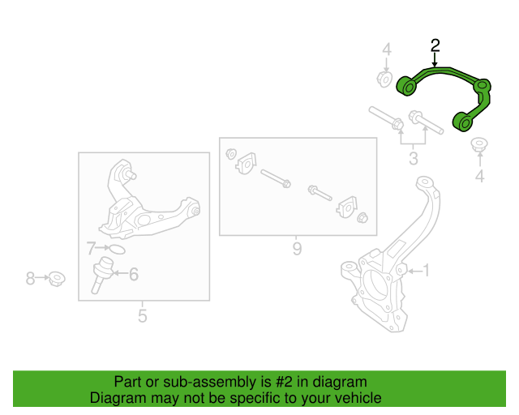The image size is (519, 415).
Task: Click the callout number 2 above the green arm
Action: click(x=435, y=45)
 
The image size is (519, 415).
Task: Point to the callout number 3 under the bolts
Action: click(x=414, y=158)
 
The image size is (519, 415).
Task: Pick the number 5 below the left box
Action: click(x=142, y=315)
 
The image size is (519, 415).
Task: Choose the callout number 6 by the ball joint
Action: click(x=134, y=275)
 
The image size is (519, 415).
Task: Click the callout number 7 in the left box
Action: click(x=91, y=248)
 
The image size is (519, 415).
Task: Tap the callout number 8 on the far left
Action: click(x=30, y=279)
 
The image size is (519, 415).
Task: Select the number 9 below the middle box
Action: click(x=297, y=248)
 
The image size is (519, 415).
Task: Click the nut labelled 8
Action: click(x=56, y=280)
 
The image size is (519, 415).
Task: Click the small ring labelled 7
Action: click(x=116, y=249)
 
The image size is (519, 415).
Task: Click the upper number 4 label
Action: click(x=387, y=50)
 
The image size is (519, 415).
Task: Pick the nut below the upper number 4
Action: click(x=385, y=79)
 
